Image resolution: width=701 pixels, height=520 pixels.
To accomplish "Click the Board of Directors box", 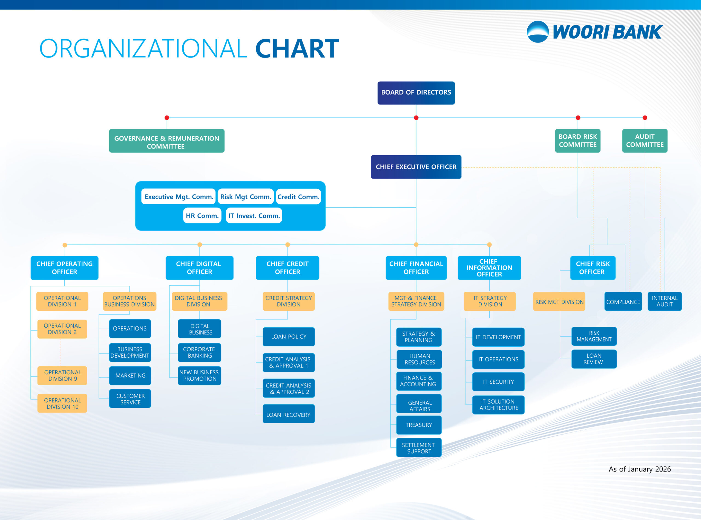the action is (416, 93).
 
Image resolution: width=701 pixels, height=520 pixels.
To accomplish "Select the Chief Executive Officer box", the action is (416, 167).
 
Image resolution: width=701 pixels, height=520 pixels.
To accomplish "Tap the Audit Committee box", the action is (645, 141).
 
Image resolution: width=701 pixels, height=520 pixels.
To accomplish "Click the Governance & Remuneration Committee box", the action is (166, 141).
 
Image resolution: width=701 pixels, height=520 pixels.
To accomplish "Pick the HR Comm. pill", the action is (202, 216).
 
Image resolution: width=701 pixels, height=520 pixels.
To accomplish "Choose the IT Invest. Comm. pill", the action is (254, 216).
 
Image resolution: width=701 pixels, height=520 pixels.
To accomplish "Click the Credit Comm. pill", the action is (298, 197).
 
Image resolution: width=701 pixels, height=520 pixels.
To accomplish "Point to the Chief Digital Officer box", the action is (199, 268).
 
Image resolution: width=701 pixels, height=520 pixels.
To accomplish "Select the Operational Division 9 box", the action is (62, 375).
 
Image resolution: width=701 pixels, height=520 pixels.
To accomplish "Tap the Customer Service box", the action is (130, 399).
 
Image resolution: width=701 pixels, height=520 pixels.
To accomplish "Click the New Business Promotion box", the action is (199, 375).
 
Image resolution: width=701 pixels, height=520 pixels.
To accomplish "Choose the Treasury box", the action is (419, 425).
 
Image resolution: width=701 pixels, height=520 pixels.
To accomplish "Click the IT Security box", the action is (498, 381).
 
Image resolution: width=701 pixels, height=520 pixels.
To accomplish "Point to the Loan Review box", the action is (594, 359).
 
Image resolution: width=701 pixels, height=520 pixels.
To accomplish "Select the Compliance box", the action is (623, 301).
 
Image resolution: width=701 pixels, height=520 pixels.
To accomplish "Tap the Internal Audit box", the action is (665, 301).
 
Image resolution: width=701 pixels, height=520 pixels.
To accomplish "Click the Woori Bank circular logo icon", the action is (538, 32).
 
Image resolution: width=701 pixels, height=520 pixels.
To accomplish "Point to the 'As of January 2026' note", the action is (640, 469).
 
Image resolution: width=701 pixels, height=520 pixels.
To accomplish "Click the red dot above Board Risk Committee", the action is (578, 118).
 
